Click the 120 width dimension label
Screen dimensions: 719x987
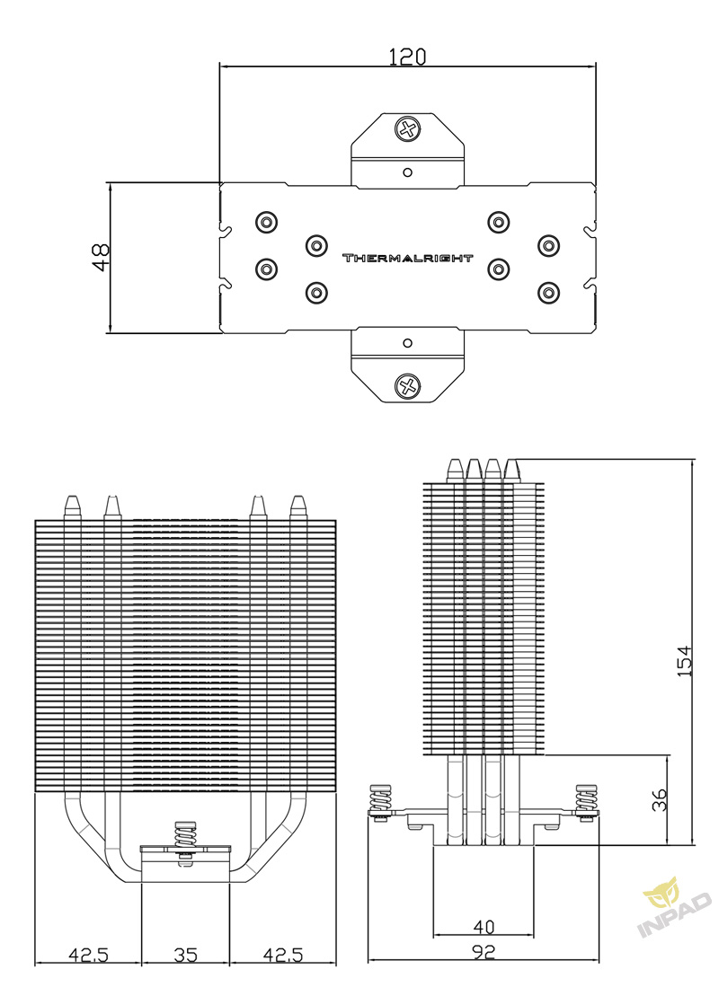click(x=407, y=57)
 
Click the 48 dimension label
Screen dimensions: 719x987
click(x=101, y=257)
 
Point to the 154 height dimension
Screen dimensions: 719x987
click(x=684, y=661)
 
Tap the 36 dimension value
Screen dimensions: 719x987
click(x=659, y=800)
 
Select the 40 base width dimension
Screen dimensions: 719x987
click(x=484, y=927)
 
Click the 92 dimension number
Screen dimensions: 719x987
click(x=483, y=952)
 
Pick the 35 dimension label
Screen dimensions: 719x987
click(x=186, y=955)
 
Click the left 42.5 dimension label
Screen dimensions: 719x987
click(x=88, y=955)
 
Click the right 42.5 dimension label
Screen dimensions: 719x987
click(x=283, y=955)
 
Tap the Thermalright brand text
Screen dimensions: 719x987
click(x=407, y=258)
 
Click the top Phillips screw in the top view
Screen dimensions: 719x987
click(x=408, y=129)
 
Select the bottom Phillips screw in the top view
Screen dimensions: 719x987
click(x=408, y=385)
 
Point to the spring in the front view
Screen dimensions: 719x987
click(x=184, y=837)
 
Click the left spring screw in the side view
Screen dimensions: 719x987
click(x=380, y=801)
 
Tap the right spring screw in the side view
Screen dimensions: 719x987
click(x=587, y=801)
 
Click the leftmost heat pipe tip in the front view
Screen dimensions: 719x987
click(x=73, y=507)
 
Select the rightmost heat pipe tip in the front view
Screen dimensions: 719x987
click(x=297, y=507)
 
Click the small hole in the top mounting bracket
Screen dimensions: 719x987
click(x=408, y=172)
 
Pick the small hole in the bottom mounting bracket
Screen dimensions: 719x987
click(x=408, y=343)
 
